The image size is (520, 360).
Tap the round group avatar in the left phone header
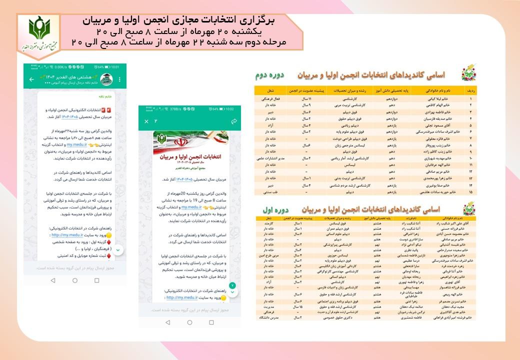click(x=106, y=79)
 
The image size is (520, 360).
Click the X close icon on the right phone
click(x=146, y=121)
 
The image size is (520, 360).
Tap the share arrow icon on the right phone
click(x=233, y=121)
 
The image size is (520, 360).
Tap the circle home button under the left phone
click(x=75, y=281)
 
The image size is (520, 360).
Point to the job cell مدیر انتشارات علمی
click(x=270, y=157)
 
